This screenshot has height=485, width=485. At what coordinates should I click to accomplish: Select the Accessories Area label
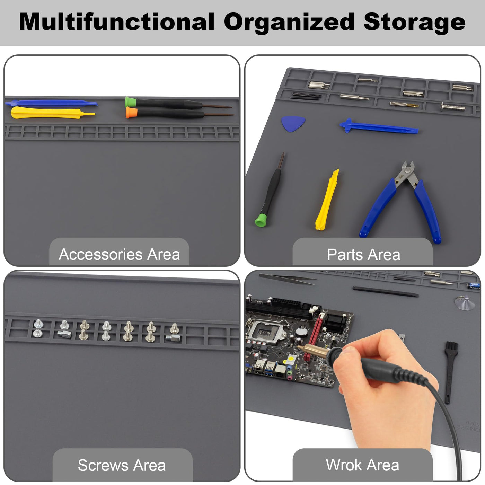pyautogui.click(x=119, y=255)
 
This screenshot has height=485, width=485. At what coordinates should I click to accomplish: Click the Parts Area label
pyautogui.click(x=363, y=255)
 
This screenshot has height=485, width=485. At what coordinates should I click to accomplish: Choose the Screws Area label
pyautogui.click(x=122, y=465)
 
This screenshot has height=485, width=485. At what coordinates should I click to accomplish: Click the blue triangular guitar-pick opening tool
pyautogui.click(x=293, y=123)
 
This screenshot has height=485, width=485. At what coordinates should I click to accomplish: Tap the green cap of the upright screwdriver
pyautogui.click(x=261, y=220)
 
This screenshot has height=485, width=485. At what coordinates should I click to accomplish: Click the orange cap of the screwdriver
pyautogui.click(x=131, y=113)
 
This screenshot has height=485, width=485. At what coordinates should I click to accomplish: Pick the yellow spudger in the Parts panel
pyautogui.click(x=327, y=200)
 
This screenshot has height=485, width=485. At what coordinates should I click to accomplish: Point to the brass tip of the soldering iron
pyautogui.click(x=313, y=350)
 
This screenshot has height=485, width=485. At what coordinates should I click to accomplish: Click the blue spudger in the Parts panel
pyautogui.click(x=379, y=126)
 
